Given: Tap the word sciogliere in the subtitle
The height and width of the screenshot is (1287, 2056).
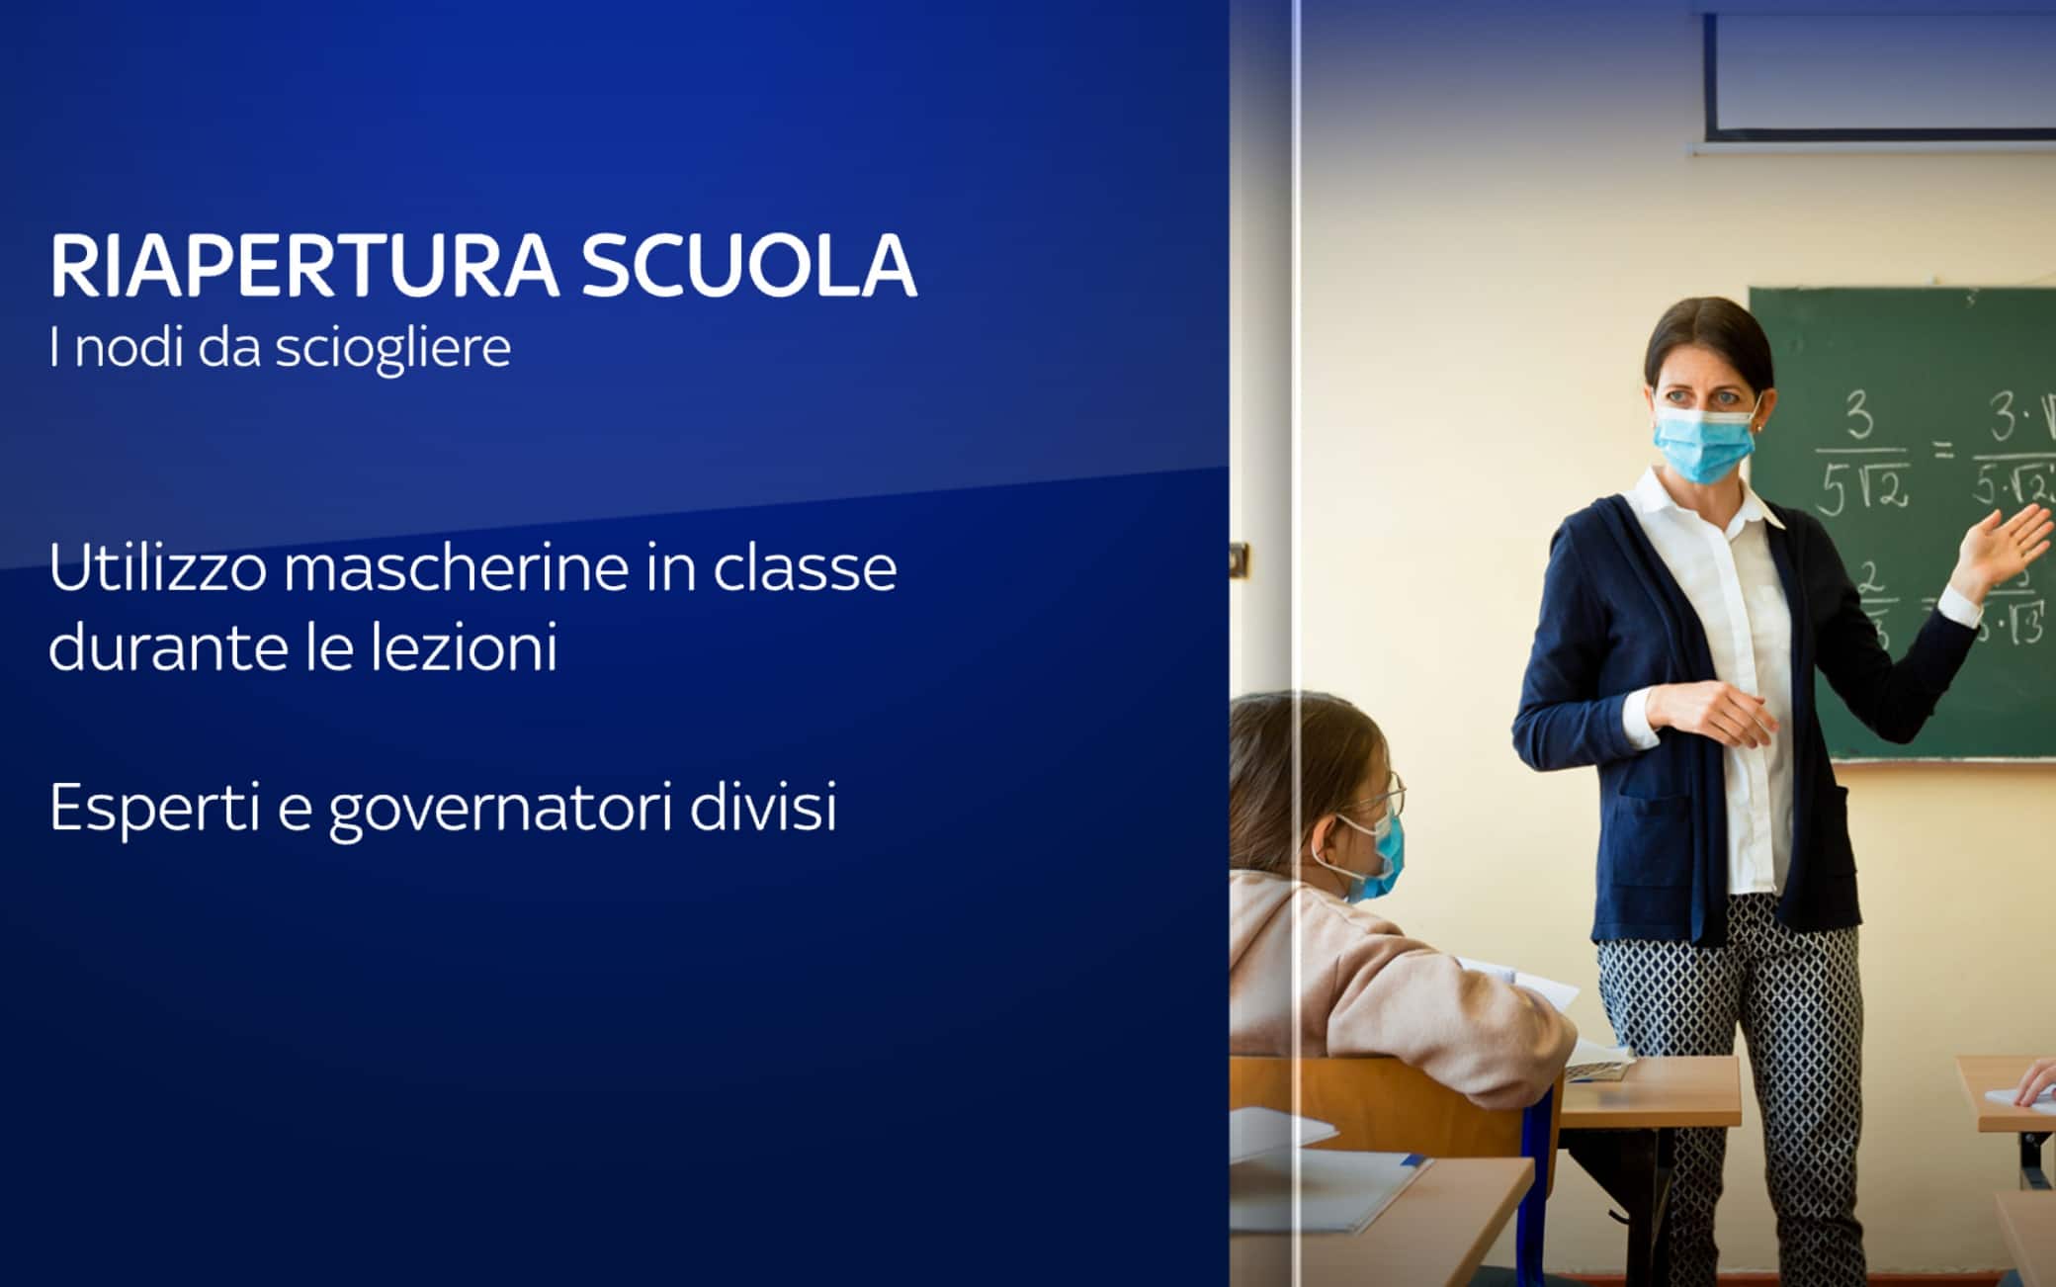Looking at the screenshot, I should tap(392, 348).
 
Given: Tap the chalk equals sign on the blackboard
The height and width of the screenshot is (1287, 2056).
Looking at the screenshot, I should tap(1943, 453).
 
